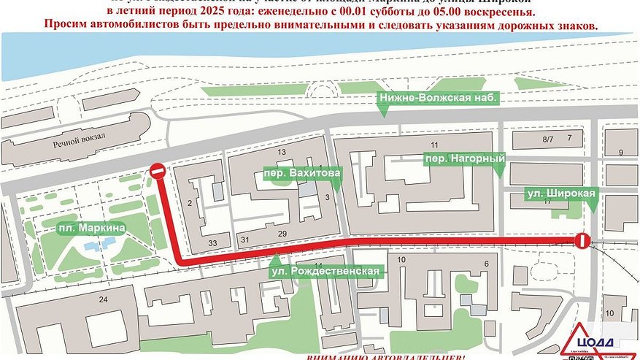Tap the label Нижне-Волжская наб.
click(436, 98)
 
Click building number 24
click(103, 299)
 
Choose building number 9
click(620, 152)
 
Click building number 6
click(485, 264)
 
